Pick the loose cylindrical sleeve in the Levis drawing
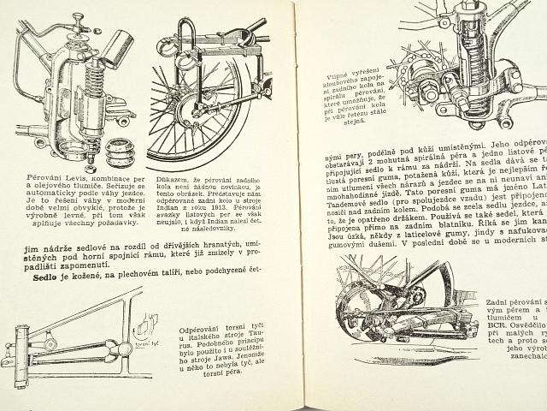click(117, 49)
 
